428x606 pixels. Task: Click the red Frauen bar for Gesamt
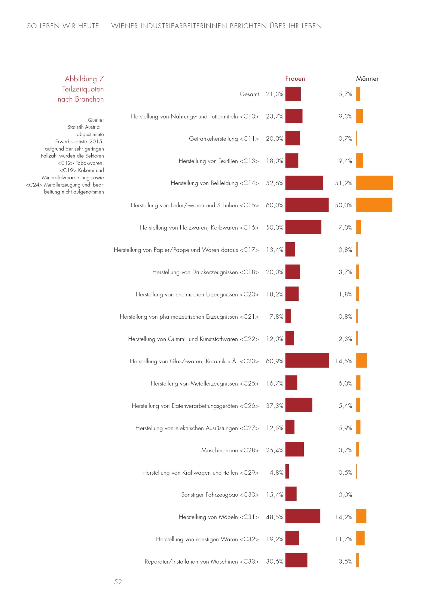(293, 94)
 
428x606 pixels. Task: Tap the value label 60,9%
(274, 361)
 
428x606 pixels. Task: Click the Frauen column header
(295, 79)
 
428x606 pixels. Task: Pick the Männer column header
(367, 79)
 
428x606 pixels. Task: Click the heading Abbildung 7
(84, 79)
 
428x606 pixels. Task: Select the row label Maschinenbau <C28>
(230, 450)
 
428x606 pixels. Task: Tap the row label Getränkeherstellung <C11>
(224, 139)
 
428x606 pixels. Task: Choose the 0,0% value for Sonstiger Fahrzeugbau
(345, 495)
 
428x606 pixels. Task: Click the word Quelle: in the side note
(96, 120)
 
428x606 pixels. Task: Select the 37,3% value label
(274, 405)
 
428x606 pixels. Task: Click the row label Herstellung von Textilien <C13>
(218, 161)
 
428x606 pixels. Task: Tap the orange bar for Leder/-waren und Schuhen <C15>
(374, 205)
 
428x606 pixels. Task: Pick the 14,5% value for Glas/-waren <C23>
(343, 361)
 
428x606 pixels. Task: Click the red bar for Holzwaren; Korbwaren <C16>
(303, 227)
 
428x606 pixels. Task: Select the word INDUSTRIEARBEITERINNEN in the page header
(183, 26)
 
